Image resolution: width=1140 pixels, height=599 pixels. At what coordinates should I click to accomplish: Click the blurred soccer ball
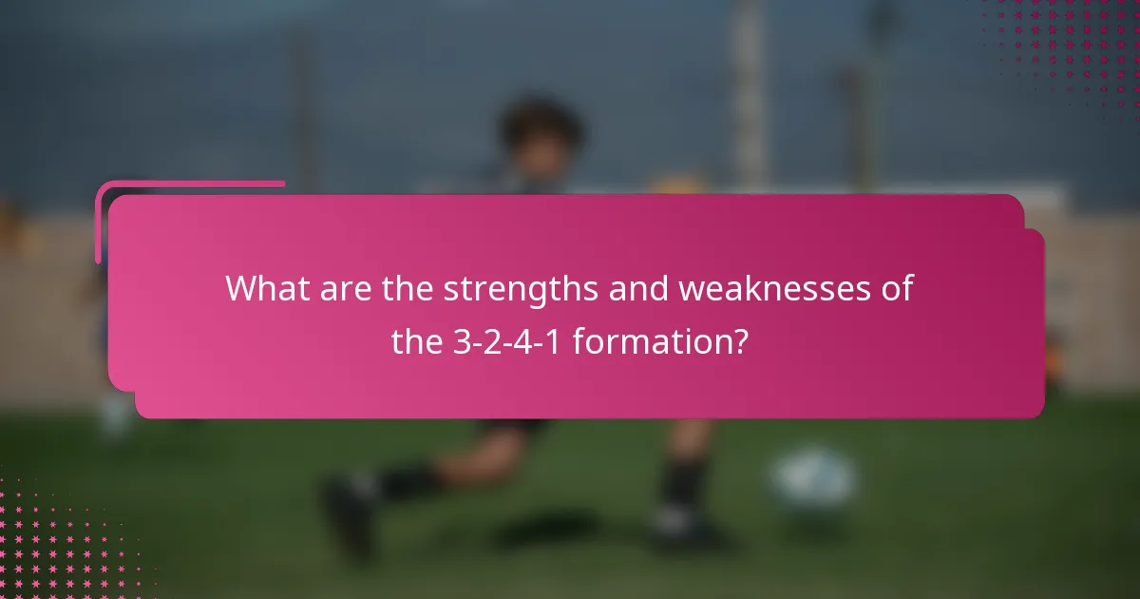pyautogui.click(x=813, y=481)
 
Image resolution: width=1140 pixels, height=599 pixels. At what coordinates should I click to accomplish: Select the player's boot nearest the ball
pyautogui.click(x=679, y=523)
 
